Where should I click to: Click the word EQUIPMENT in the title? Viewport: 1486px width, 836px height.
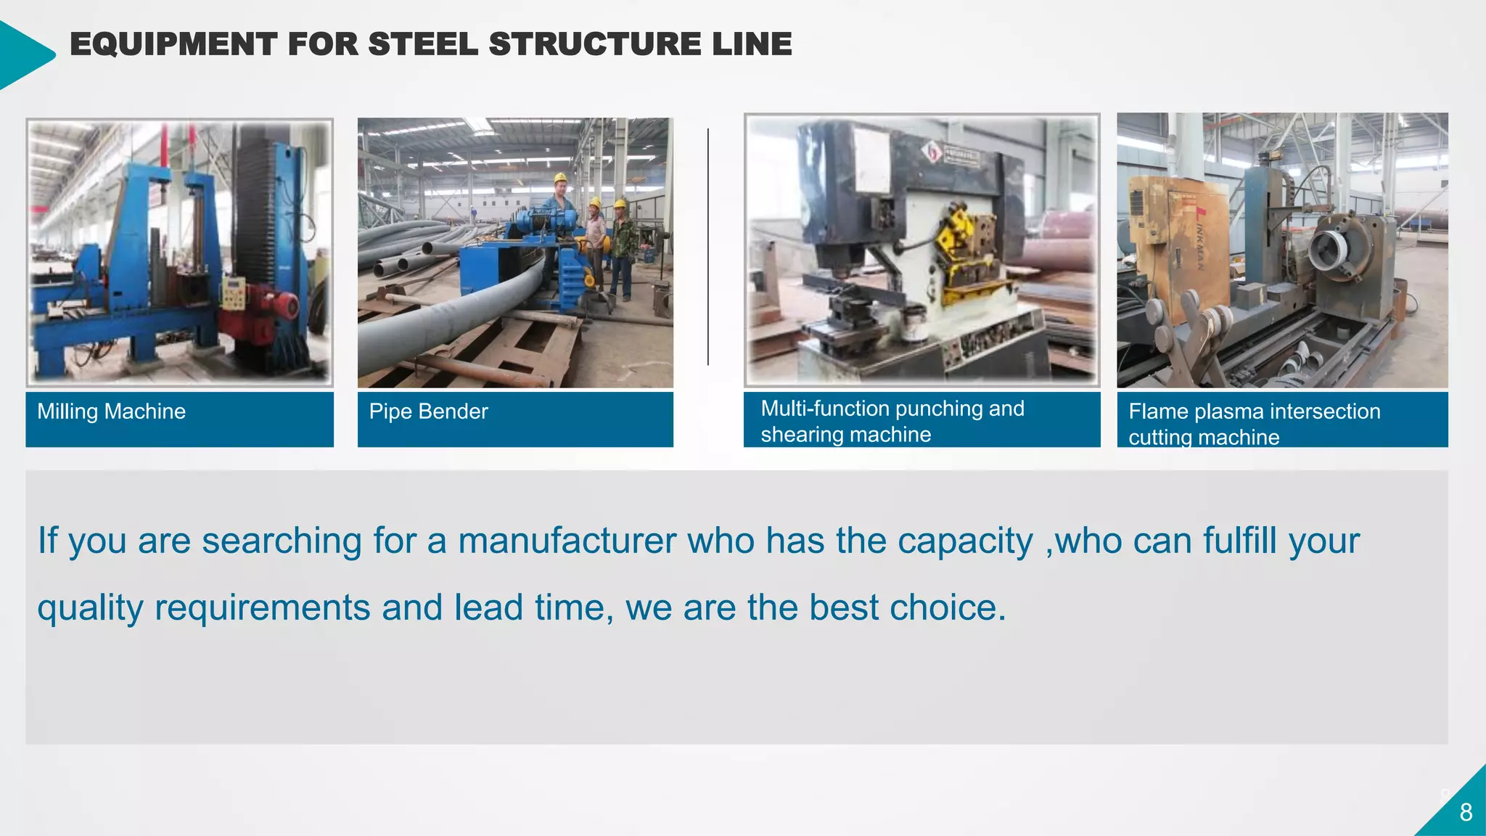point(173,44)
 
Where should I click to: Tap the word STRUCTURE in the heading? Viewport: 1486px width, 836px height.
point(595,44)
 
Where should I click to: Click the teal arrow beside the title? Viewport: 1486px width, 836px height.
point(25,54)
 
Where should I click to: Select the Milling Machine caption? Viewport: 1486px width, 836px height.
point(111,411)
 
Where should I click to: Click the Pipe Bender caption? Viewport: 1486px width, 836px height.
point(428,411)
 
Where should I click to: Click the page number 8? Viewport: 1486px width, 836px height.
point(1466,812)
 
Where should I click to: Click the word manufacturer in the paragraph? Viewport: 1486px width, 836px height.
point(567,541)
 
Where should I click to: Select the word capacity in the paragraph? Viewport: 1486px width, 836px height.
point(969,541)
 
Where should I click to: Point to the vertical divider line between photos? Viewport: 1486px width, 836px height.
point(708,247)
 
